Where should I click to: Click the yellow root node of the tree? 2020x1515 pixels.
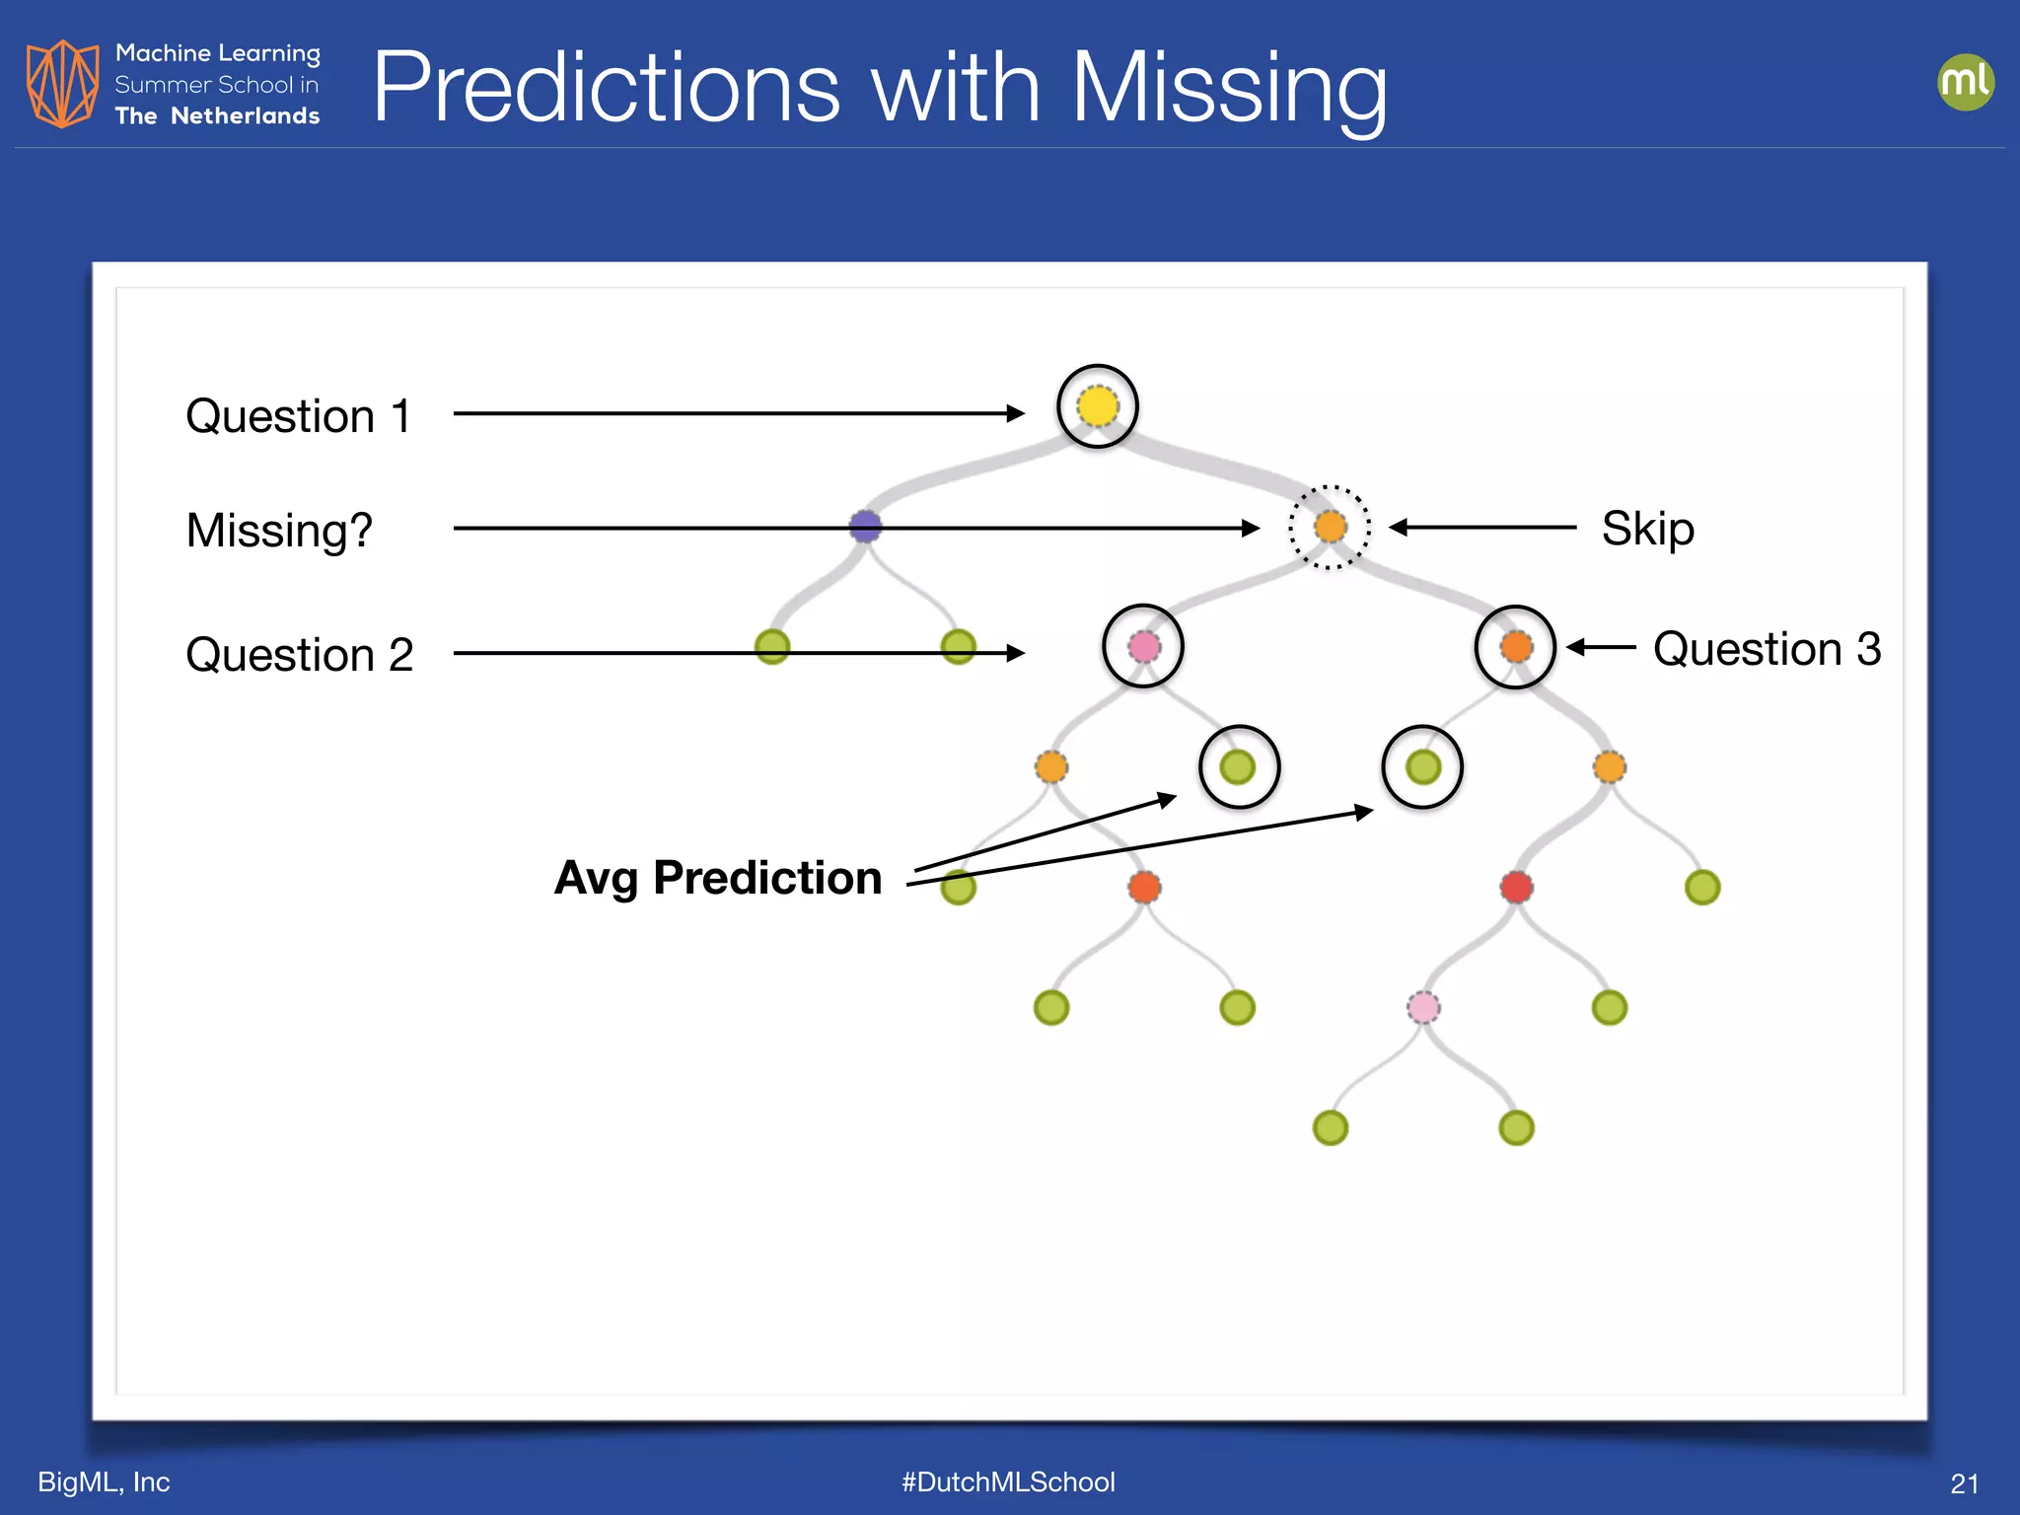[1098, 406]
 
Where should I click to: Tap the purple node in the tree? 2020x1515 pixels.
[865, 526]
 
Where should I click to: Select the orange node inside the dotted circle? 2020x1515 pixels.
[1331, 527]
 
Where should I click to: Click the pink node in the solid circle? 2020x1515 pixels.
[1143, 647]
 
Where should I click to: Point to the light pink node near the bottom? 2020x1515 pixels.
[1423, 1007]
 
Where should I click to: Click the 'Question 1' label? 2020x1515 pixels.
[298, 416]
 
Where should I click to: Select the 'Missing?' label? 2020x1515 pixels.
[279, 531]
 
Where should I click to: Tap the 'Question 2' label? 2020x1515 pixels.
[299, 655]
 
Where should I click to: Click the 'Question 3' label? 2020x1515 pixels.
[1767, 649]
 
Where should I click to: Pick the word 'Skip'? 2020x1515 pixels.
[1647, 529]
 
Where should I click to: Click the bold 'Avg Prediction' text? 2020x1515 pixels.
[718, 878]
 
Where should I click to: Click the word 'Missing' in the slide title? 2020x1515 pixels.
[1229, 89]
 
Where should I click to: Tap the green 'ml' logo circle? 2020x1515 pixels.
[1965, 82]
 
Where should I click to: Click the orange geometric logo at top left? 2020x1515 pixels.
[62, 84]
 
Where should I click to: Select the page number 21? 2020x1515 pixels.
[1964, 1483]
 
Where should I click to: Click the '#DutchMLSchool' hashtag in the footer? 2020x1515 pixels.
[1008, 1481]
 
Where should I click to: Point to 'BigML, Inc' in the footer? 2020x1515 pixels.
[104, 1481]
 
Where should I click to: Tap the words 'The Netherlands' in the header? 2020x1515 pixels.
[217, 116]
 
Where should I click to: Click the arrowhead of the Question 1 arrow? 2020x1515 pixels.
[1016, 413]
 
